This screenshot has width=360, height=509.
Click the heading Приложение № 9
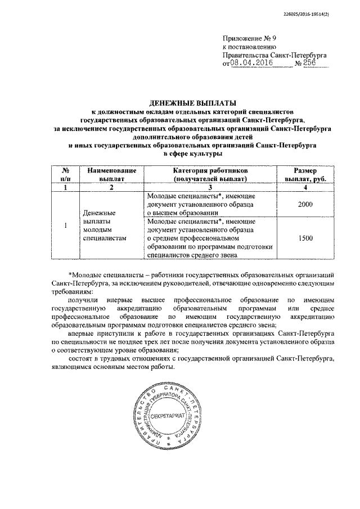pyautogui.click(x=247, y=38)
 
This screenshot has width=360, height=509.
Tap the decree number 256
pyautogui.click(x=306, y=64)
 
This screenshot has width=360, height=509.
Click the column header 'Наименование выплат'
pyautogui.click(x=110, y=174)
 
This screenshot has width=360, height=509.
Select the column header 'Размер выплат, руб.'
pyautogui.click(x=305, y=174)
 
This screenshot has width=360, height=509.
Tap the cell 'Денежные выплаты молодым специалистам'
pyautogui.click(x=103, y=226)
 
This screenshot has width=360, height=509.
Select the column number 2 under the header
pyautogui.click(x=110, y=187)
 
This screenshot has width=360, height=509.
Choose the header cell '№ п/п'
pyautogui.click(x=66, y=174)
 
